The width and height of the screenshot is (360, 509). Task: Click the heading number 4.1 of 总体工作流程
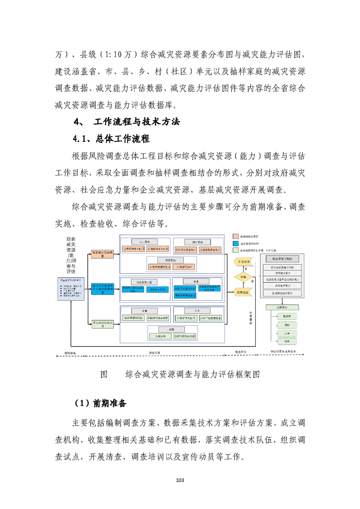(83, 138)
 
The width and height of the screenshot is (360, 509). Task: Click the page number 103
(180, 480)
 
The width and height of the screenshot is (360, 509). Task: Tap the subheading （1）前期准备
(100, 403)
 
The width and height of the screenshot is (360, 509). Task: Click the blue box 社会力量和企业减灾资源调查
(102, 289)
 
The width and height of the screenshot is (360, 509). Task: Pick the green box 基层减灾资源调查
(102, 323)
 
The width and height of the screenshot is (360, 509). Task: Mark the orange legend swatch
(235, 236)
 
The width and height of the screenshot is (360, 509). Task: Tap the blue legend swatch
(235, 243)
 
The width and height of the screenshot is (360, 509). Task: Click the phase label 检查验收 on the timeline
(241, 352)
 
